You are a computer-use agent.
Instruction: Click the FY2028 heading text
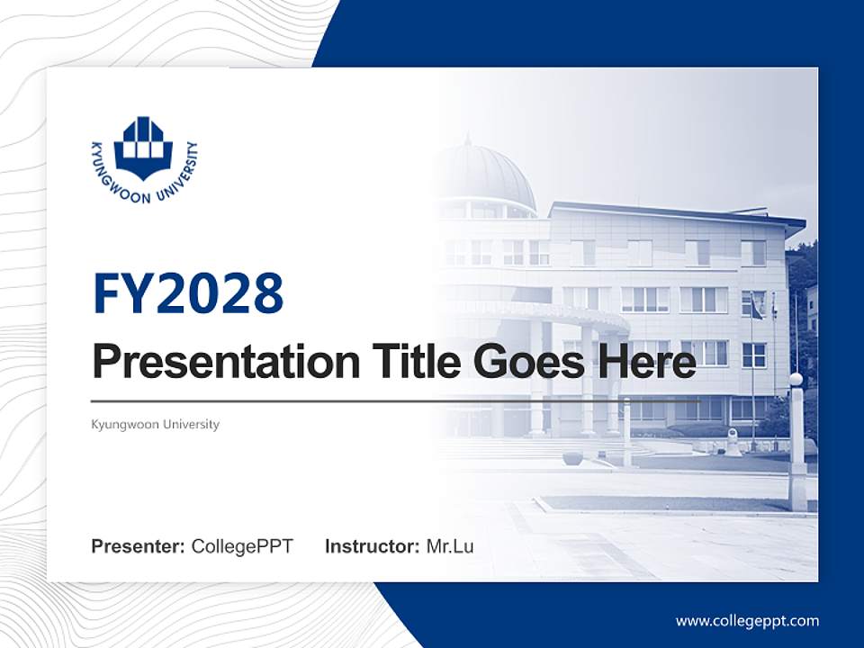coord(188,292)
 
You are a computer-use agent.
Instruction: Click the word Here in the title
coord(645,363)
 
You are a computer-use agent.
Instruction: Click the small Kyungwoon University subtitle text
coord(155,424)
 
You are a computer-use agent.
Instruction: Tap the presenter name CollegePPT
coord(242,546)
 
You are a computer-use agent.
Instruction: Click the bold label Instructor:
coord(372,546)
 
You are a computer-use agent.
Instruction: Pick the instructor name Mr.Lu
coord(450,546)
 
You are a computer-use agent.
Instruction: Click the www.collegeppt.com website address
coord(747,621)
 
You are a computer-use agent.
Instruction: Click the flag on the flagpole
coord(758,310)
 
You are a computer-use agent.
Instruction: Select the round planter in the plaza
coord(572,457)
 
